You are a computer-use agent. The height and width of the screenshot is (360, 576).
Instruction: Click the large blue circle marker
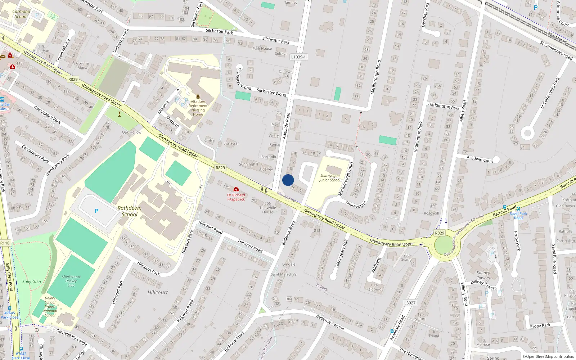pos(288,180)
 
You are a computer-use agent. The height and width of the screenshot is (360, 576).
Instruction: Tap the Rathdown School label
pos(129,211)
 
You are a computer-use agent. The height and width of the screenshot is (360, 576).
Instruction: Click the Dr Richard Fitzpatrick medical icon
pos(236,189)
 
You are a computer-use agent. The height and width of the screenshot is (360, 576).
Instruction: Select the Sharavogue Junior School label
pos(329,178)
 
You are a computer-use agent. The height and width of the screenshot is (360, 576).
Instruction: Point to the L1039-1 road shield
pos(298,57)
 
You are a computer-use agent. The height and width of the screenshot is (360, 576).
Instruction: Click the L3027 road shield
pos(410,303)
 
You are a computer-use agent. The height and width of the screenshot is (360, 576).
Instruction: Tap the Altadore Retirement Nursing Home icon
pos(198,96)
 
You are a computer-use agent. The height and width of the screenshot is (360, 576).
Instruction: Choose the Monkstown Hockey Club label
pos(71,281)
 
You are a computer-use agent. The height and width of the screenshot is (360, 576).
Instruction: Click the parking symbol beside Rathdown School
pos(96,211)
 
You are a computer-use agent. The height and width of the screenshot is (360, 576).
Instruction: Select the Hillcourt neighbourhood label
pos(158,292)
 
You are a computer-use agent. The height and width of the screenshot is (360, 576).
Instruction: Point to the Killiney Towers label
pos(483,275)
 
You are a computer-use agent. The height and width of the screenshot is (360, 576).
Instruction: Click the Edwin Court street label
pos(482,160)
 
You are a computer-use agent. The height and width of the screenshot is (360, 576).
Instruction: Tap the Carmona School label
pos(21,14)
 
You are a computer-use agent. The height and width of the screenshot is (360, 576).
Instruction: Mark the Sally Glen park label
pos(32,282)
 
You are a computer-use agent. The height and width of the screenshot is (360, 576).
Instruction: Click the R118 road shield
pos(5,243)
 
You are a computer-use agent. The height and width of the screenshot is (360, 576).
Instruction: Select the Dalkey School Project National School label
pos(50,306)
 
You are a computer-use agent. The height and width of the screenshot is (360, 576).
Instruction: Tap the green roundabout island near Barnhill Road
pos(442,246)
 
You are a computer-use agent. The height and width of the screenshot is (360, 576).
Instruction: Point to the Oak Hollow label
pos(131,132)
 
